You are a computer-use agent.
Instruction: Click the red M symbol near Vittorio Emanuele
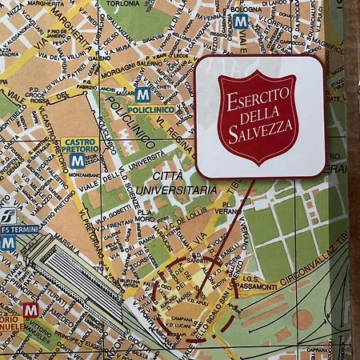[x=31, y=308]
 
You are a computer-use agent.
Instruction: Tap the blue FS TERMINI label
[x=18, y=229]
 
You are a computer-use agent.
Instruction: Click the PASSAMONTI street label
[x=255, y=286]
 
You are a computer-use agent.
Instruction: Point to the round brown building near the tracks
[x=302, y=319]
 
